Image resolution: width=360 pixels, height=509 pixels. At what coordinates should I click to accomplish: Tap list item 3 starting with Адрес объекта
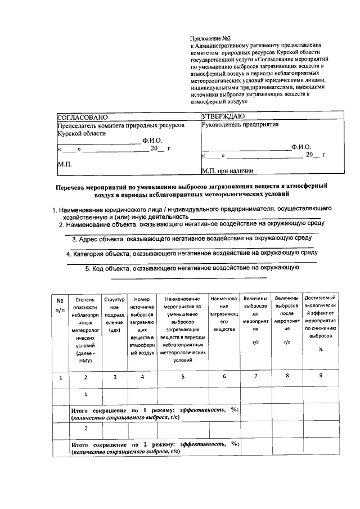pos(192,239)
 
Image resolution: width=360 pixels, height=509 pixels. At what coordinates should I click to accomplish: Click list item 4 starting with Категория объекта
pos(192,253)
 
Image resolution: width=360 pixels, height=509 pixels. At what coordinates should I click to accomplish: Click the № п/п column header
pos(60,304)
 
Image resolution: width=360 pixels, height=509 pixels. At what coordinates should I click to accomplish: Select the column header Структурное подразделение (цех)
pos(114,316)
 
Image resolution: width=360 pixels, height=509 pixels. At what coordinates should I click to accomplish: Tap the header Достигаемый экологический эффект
pos(319,323)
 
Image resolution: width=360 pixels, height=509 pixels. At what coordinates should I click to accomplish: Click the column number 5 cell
pos(183,377)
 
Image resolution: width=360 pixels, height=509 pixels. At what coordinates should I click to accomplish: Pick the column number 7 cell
pos(256,376)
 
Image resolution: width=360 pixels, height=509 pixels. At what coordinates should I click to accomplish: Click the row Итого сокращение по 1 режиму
pos(155,413)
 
